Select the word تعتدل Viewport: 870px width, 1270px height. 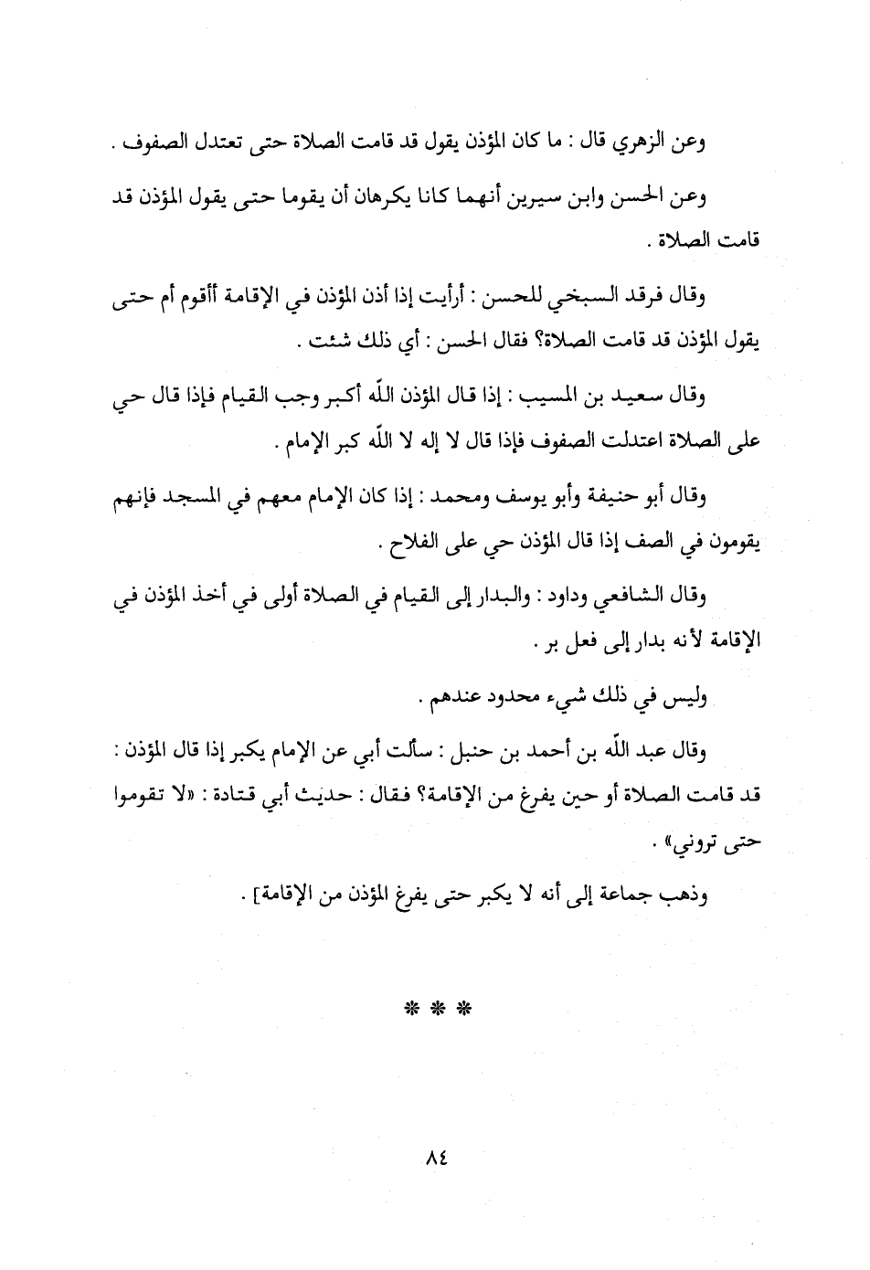tap(251, 143)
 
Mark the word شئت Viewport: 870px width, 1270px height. tap(315, 347)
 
